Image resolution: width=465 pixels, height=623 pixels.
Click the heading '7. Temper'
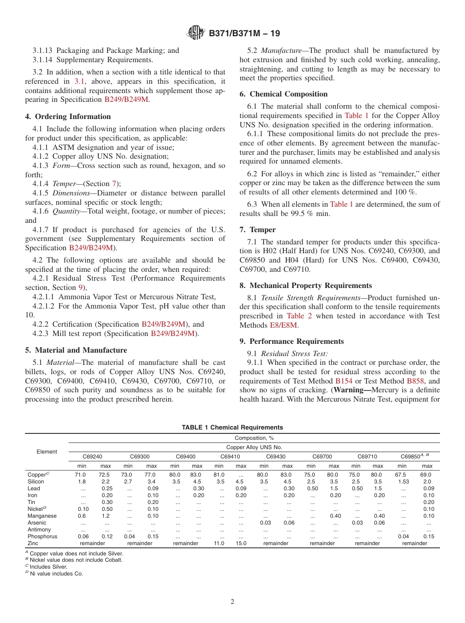point(257,230)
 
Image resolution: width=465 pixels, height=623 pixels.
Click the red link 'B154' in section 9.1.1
point(344,381)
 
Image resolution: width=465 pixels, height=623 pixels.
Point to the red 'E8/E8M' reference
point(283,325)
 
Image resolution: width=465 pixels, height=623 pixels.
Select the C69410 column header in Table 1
point(230,456)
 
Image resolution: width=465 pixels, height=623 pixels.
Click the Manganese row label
point(42,516)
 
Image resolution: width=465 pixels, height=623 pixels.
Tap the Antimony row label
point(40,529)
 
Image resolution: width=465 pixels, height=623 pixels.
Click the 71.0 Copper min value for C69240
point(80,475)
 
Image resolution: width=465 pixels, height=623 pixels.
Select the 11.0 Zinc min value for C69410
point(219,543)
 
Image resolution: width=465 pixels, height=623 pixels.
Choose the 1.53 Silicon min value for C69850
point(402,481)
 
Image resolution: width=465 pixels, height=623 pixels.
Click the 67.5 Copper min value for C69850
point(402,475)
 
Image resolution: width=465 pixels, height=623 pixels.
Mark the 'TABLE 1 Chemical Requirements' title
point(232,428)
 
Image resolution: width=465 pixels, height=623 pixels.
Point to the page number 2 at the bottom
point(232,602)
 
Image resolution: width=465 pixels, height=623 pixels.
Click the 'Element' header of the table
point(46,452)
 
